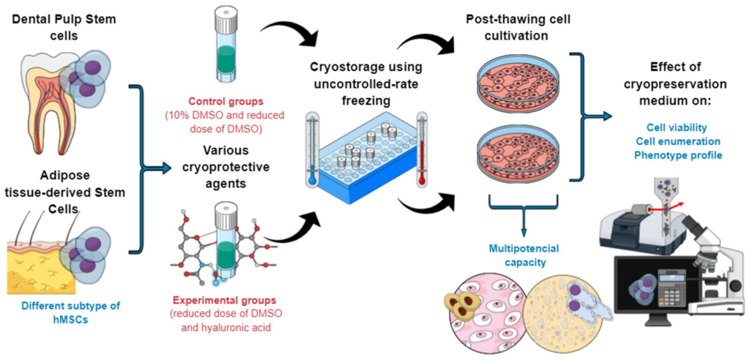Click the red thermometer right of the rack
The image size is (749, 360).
[x=421, y=147]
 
